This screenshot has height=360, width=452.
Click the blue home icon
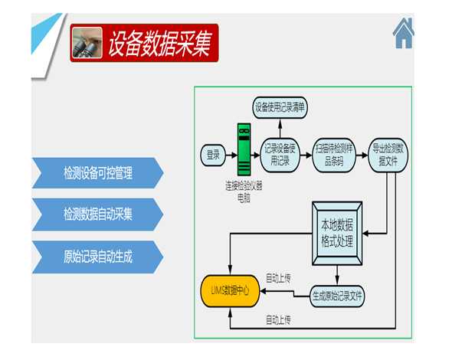404,33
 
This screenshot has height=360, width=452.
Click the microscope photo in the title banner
87,43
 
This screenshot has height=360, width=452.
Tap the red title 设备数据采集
159,43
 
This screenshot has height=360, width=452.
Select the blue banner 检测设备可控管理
98,173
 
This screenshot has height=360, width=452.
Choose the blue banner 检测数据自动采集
98,214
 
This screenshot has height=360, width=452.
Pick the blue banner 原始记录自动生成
98,257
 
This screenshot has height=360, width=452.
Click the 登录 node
213,155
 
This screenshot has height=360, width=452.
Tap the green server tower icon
244,149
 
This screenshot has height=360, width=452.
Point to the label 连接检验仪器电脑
244,192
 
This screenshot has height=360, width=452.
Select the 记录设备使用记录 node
280,155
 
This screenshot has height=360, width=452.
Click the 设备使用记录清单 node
280,107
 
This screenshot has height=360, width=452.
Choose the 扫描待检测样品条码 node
334,155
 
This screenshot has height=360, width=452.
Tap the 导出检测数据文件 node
388,155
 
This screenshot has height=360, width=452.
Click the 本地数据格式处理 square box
337,233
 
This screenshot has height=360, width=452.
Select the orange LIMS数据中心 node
230,291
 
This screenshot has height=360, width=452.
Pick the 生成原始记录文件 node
337,296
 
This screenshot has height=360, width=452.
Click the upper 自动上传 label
278,279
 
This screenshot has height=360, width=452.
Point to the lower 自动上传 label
278,320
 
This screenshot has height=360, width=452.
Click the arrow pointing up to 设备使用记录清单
280,128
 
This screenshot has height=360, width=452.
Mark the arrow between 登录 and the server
231,155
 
